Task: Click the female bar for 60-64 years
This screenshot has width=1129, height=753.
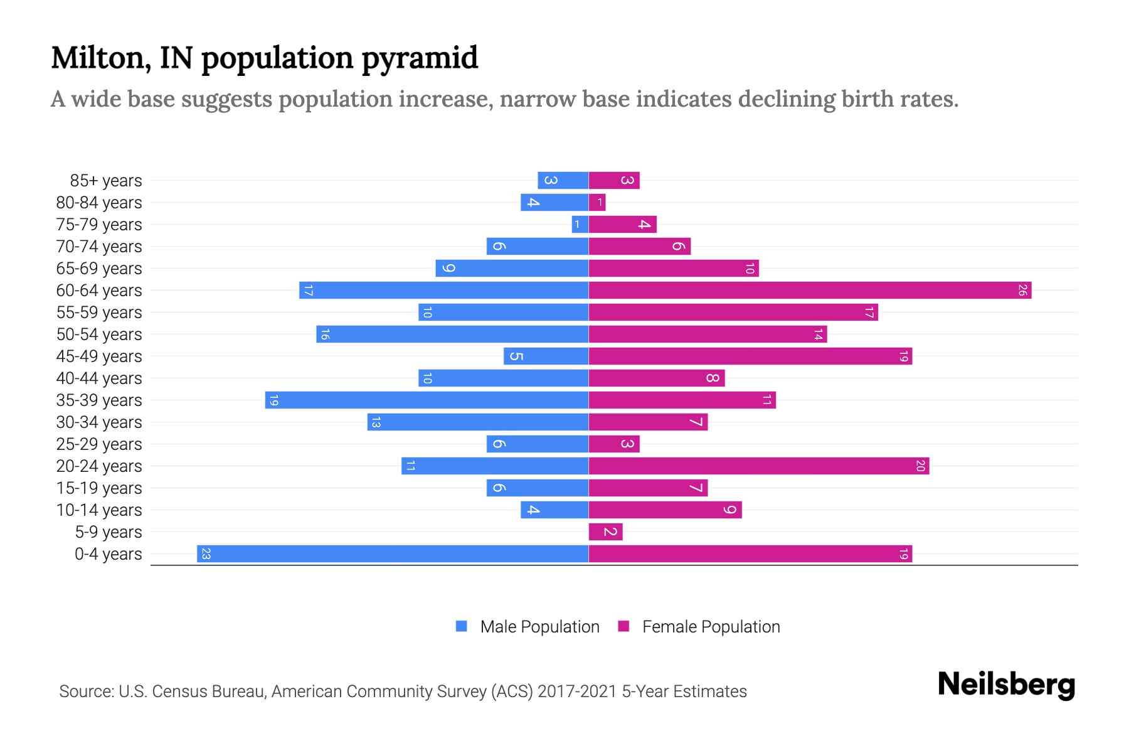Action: (809, 291)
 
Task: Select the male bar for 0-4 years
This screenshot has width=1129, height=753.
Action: (393, 554)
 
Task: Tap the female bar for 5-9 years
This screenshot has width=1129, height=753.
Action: (605, 532)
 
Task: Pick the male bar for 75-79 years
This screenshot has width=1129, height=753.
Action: (580, 225)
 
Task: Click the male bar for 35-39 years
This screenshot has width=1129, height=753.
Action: (427, 400)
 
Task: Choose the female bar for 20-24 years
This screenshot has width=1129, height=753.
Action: (759, 466)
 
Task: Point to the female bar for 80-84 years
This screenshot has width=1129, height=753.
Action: (597, 203)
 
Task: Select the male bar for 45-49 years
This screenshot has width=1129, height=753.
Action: (546, 356)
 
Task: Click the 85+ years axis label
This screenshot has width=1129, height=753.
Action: (106, 181)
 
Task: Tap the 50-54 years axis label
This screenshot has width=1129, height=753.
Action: (99, 334)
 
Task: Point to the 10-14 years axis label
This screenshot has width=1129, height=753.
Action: (99, 510)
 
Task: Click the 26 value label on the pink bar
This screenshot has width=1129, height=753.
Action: (1022, 291)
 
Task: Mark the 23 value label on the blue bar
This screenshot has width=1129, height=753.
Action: (206, 554)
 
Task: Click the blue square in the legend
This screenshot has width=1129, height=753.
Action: (462, 626)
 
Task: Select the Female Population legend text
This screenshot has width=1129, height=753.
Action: (711, 627)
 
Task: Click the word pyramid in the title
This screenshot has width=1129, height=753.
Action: (420, 58)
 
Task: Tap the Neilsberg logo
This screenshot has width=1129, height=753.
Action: (1006, 685)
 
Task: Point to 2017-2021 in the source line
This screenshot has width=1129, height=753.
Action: (577, 692)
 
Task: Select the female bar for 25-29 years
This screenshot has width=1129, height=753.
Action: (613, 444)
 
